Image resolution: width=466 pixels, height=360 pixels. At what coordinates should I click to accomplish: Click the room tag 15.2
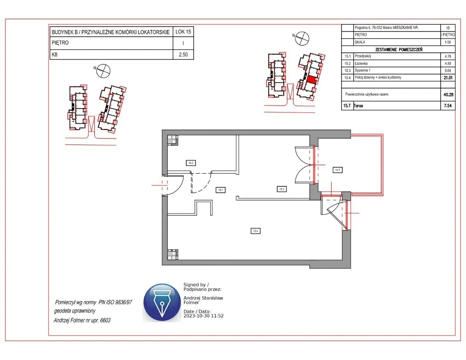(x=191, y=163)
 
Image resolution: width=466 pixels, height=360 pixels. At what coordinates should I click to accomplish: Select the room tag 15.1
(x=221, y=190)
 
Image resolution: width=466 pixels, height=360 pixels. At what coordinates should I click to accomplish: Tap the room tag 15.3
(x=281, y=189)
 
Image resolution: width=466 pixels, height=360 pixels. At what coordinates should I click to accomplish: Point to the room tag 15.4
(x=256, y=231)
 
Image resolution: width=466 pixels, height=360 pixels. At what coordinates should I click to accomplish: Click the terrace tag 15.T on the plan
(x=337, y=170)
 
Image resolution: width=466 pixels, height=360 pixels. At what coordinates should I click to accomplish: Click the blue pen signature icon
(x=162, y=302)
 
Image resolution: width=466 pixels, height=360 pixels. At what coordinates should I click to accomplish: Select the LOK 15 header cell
(x=183, y=32)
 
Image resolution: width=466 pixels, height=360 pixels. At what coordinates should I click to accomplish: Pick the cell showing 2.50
(x=183, y=55)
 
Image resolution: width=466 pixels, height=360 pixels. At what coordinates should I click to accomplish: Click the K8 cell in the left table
(x=55, y=55)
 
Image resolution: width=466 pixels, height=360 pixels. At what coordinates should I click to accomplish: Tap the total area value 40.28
(x=448, y=95)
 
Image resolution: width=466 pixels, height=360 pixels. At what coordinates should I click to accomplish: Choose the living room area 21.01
(x=448, y=78)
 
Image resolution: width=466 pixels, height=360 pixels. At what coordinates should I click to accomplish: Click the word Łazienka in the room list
(x=361, y=63)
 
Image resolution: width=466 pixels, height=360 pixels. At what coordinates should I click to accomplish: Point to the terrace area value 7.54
(x=448, y=106)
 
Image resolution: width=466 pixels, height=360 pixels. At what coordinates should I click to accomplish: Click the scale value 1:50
(x=448, y=42)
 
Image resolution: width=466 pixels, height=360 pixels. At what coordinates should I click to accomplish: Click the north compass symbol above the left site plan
(x=103, y=70)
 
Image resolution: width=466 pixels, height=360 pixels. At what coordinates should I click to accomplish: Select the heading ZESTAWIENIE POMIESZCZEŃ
(x=399, y=50)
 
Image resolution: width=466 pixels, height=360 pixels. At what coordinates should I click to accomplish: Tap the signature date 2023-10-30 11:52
(x=204, y=316)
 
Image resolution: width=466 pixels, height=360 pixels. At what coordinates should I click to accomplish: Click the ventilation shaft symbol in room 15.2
(x=172, y=139)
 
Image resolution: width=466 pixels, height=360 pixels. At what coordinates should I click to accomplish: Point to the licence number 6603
(x=105, y=320)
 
